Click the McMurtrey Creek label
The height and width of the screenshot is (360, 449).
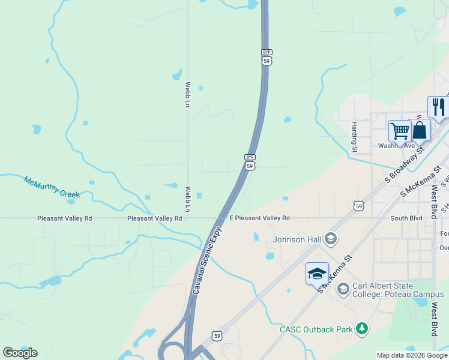click(x=52, y=187)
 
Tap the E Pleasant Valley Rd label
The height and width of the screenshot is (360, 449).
click(x=259, y=218)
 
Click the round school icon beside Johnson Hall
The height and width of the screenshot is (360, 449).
click(x=330, y=239)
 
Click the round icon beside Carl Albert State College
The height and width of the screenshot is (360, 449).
click(x=343, y=289)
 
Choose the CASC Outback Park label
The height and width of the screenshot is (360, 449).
click(x=316, y=329)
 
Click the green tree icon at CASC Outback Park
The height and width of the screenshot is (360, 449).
click(x=361, y=328)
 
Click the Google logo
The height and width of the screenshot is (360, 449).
click(x=20, y=353)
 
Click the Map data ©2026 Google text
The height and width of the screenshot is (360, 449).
click(x=412, y=355)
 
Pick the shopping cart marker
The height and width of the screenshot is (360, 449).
click(x=400, y=130)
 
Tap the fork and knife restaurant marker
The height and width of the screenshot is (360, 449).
click(x=438, y=107)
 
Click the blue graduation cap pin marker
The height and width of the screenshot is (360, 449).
click(x=317, y=274)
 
